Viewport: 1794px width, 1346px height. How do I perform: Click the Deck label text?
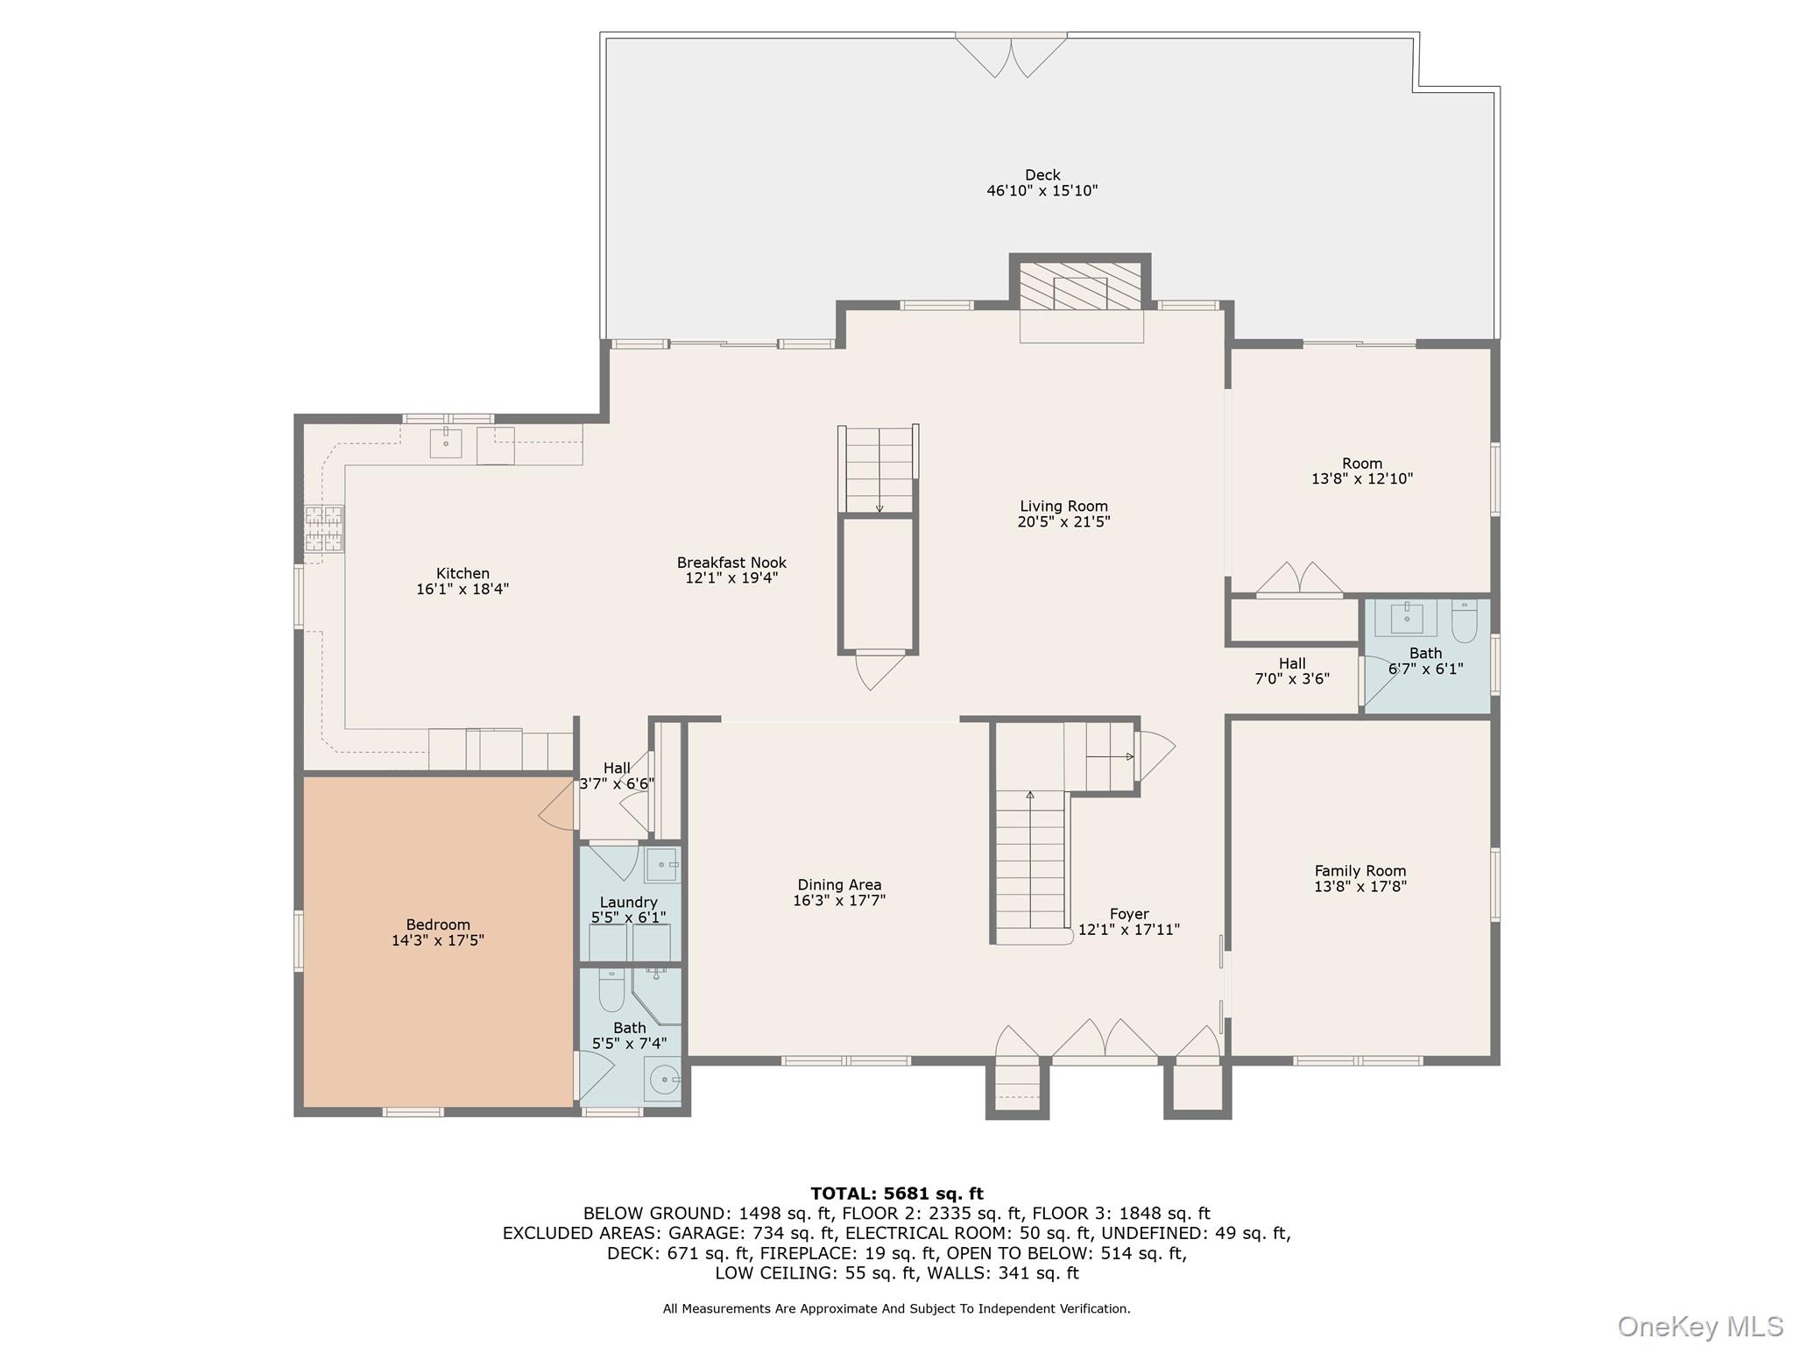1042,175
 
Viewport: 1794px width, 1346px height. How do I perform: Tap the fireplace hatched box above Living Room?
1080,286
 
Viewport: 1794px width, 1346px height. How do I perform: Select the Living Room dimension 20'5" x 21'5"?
1063,522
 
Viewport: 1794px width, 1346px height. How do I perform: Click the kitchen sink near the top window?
445,443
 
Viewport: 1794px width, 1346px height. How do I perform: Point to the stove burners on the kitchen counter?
323,528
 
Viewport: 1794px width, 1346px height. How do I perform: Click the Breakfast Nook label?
731,563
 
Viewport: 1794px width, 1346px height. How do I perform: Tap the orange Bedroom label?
438,924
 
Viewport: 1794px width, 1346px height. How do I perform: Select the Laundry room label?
628,903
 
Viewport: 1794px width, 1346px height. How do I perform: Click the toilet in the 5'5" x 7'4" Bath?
611,990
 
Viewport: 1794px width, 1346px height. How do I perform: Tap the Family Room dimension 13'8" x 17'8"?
1360,887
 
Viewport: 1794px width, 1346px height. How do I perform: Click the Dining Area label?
839,885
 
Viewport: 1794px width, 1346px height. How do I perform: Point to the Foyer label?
1128,914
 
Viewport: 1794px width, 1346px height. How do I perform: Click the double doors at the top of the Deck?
1011,54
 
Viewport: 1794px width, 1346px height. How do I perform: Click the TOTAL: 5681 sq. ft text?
896,1194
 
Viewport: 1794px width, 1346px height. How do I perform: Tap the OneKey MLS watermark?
1699,1327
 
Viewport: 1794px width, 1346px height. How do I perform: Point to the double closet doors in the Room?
1299,579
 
